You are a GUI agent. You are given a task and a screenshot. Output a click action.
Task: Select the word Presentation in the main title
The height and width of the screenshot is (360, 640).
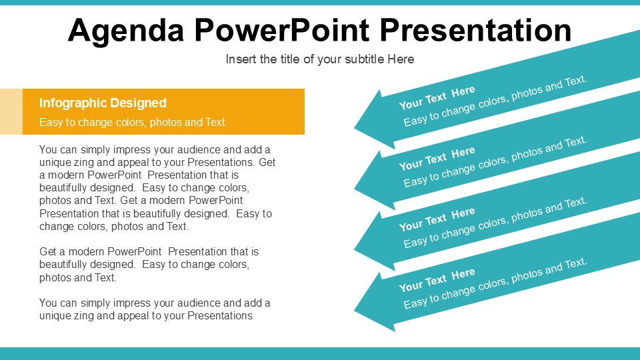(x=476, y=31)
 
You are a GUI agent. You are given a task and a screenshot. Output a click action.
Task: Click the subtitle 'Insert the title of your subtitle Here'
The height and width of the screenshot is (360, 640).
(x=320, y=59)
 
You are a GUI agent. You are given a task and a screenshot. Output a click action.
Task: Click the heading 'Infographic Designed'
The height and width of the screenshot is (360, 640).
(x=103, y=103)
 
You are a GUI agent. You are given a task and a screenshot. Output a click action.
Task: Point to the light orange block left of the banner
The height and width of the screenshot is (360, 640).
(x=11, y=111)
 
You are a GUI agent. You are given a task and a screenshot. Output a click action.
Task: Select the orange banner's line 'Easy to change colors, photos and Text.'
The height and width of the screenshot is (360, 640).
(x=133, y=122)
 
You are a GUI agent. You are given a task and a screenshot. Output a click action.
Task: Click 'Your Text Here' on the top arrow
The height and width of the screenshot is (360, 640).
(x=437, y=97)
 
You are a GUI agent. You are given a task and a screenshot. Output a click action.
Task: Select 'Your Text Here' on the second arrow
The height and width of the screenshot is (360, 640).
(x=437, y=158)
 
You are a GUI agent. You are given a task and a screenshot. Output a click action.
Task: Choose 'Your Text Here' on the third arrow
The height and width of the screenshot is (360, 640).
(x=437, y=219)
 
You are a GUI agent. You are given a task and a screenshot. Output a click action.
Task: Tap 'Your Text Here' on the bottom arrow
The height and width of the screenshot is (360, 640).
(x=437, y=279)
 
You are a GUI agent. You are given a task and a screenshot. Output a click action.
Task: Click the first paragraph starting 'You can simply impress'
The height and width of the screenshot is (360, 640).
(x=157, y=187)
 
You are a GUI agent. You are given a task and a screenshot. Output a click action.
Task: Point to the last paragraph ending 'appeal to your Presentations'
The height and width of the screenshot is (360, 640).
(x=155, y=309)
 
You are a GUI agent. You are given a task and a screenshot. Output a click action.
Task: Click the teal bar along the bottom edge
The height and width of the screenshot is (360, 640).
(x=320, y=353)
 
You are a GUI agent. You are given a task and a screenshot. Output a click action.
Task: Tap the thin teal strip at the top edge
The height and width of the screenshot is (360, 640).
(x=320, y=3)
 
